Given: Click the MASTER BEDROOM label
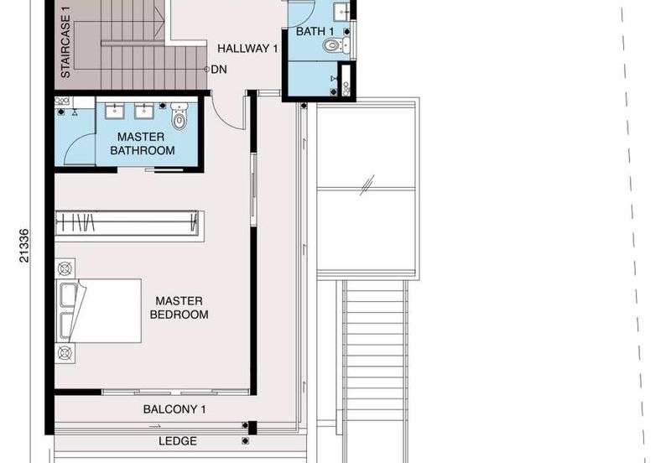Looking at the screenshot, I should (179, 308).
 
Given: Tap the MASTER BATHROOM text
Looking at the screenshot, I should (146, 143).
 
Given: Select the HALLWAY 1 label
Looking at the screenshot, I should (247, 49).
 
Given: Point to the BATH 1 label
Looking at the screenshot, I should (315, 32).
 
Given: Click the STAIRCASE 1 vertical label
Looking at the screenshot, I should (65, 41).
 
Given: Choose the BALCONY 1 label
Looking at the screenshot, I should (174, 409).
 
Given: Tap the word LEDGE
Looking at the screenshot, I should (177, 441).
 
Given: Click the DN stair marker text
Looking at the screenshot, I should (219, 70).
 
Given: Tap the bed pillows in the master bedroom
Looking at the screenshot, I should (69, 311).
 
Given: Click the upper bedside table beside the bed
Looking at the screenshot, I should (65, 270).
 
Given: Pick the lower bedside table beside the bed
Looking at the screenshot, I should (65, 351).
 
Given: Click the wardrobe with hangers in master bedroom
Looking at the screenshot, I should (127, 223).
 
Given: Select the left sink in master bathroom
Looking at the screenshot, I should (113, 109).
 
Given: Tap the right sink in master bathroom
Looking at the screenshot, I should (143, 109).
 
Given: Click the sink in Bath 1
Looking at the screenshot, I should (340, 12).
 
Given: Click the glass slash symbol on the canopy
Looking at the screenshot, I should (367, 185).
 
